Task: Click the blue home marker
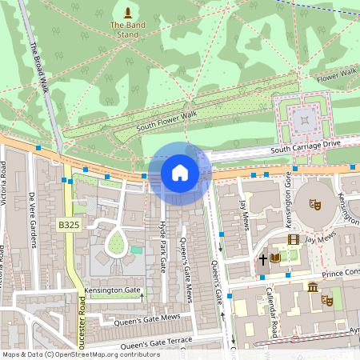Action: click(x=180, y=173)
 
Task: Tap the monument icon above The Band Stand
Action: click(x=128, y=11)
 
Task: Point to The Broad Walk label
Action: click(x=41, y=67)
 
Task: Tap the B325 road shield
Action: click(x=69, y=226)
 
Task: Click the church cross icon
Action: click(x=262, y=259)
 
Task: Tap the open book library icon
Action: click(x=275, y=258)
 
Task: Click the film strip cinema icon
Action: click(x=293, y=239)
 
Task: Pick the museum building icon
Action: click(x=312, y=287)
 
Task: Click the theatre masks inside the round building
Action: click(x=315, y=205)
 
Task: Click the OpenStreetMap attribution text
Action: click(x=81, y=354)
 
